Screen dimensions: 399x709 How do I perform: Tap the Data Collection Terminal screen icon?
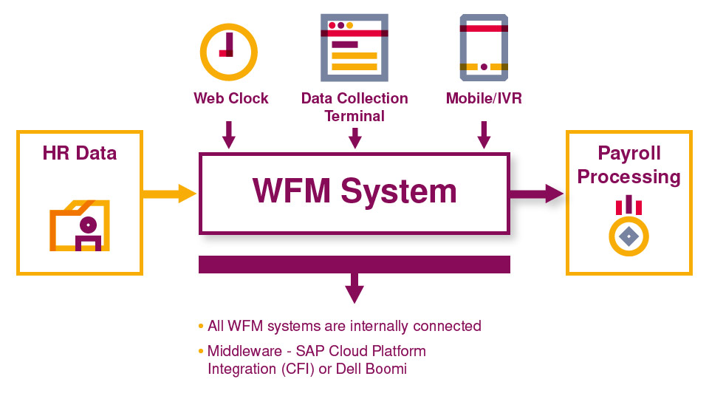coord(354,47)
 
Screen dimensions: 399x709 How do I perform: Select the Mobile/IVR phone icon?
coord(484,47)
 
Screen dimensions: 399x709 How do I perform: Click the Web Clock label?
coord(231,98)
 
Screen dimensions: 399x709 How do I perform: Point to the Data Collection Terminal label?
coord(354,107)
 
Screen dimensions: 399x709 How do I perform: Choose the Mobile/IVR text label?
coord(484,98)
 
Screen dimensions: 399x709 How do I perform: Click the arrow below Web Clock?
coord(228,134)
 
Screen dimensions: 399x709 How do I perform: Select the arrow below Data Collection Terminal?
coord(355,137)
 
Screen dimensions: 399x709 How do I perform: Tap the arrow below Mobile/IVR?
coord(484,134)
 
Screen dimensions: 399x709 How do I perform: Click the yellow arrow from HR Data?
coord(169,194)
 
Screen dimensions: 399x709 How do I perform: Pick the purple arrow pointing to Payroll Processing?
coord(537,194)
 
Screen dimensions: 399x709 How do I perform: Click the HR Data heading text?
coord(80,153)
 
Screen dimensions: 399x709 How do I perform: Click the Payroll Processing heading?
coord(629,166)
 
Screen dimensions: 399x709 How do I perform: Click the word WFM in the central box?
coord(291,191)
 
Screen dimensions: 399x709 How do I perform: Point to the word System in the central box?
coord(399,191)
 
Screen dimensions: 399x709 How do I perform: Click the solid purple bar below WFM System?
coord(354,265)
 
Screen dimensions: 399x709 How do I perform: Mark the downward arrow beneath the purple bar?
coord(355,288)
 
